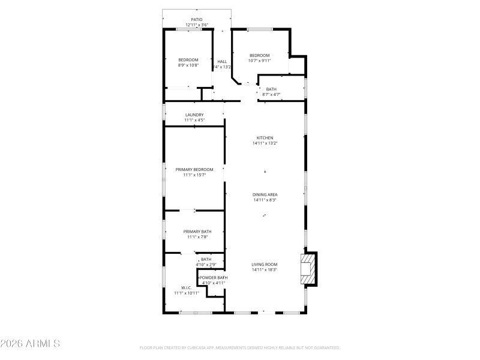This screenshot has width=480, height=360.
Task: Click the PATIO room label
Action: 196,20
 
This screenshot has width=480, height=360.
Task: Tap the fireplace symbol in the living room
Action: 308,268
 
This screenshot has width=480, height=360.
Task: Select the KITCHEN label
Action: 265,138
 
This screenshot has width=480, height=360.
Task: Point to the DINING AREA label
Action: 265,194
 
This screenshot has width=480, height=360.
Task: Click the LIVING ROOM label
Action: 265,265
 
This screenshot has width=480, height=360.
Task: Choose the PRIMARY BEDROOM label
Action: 194,170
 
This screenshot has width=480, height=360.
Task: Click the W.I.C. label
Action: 186,287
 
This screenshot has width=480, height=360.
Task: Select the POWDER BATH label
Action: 214,278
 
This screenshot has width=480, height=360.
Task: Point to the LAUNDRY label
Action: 194,115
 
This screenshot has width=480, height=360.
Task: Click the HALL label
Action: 222,61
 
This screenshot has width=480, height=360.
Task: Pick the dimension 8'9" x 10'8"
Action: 188,65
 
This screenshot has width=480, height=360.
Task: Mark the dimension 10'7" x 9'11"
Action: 260,61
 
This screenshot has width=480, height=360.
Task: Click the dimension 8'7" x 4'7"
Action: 271,94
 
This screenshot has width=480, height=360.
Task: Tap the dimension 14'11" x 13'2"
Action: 265,143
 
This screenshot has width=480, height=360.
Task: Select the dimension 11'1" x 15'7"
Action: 194,175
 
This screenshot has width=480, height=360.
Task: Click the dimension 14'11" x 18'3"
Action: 265,270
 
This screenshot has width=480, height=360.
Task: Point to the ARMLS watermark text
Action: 30,344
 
